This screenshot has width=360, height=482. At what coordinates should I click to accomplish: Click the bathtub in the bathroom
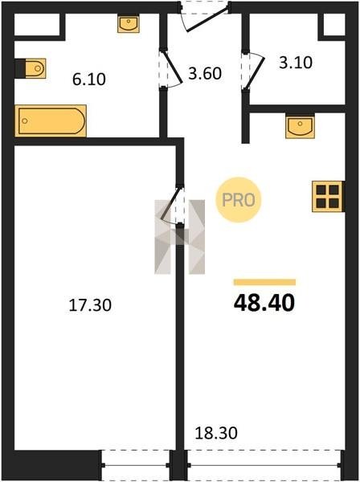tap(51, 120)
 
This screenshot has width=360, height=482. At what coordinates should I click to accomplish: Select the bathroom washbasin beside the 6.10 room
tap(129, 25)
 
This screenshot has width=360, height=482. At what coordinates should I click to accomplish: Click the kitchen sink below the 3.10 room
tap(300, 126)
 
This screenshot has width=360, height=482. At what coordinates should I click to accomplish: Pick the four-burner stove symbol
tap(328, 197)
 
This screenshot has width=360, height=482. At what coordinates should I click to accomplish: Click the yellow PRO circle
tap(239, 200)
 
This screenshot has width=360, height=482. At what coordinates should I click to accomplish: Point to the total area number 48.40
tap(264, 303)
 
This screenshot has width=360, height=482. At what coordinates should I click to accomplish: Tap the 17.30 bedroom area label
tap(90, 305)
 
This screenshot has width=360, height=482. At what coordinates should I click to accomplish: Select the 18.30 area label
tap(216, 433)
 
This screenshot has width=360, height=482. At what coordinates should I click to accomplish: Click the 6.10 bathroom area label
tap(89, 80)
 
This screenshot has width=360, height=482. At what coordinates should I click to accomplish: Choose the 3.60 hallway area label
tap(205, 74)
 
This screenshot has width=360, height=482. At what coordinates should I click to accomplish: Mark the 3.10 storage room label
tap(296, 63)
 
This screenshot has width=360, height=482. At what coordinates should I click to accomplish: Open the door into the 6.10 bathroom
tap(171, 67)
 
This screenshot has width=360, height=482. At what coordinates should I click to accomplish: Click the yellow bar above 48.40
tap(264, 282)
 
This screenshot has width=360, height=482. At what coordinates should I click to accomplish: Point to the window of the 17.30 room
tap(135, 465)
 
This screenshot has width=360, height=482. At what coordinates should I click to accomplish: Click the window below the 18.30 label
tap(264, 465)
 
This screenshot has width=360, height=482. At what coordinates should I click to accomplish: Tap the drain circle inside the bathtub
tap(25, 121)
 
